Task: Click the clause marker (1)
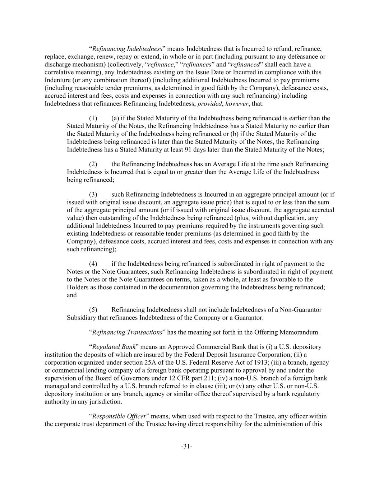click(93, 118)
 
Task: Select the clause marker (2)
click(93, 164)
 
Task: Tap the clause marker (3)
click(93, 194)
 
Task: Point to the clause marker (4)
click(93, 263)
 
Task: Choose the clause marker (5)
click(93, 309)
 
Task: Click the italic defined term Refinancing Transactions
click(127, 332)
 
